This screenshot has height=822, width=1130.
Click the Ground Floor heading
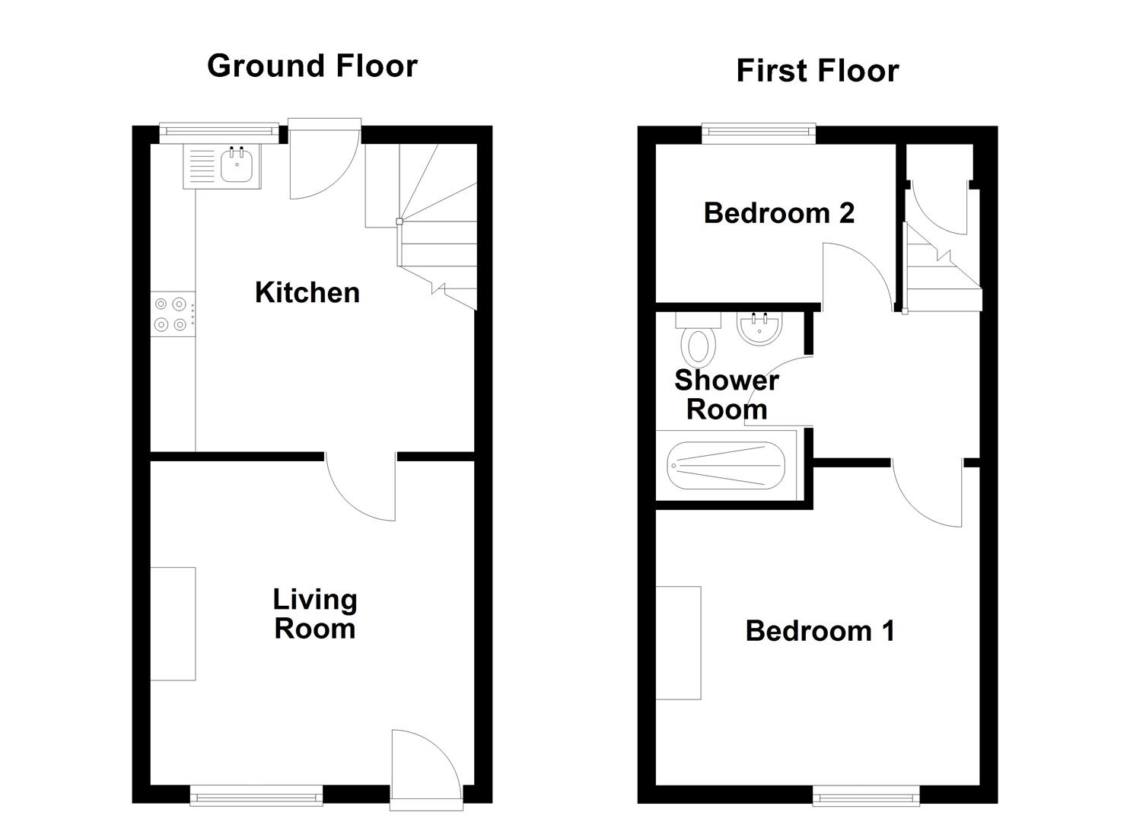[312, 66]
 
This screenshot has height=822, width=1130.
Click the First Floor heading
[817, 71]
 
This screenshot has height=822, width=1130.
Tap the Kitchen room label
[307, 292]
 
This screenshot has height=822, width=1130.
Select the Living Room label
[314, 613]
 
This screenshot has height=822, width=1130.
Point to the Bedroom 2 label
[778, 213]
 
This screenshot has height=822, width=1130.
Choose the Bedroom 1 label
[820, 631]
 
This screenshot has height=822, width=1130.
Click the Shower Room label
[727, 394]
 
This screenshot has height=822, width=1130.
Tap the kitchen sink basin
[237, 165]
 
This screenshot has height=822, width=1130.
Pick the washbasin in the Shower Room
[759, 329]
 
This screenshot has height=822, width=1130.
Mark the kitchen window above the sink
[219, 132]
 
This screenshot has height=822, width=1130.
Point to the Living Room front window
[256, 797]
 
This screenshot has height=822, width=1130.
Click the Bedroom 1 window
[866, 797]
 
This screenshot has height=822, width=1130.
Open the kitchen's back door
[323, 160]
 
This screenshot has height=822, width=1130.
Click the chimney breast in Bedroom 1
[678, 642]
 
